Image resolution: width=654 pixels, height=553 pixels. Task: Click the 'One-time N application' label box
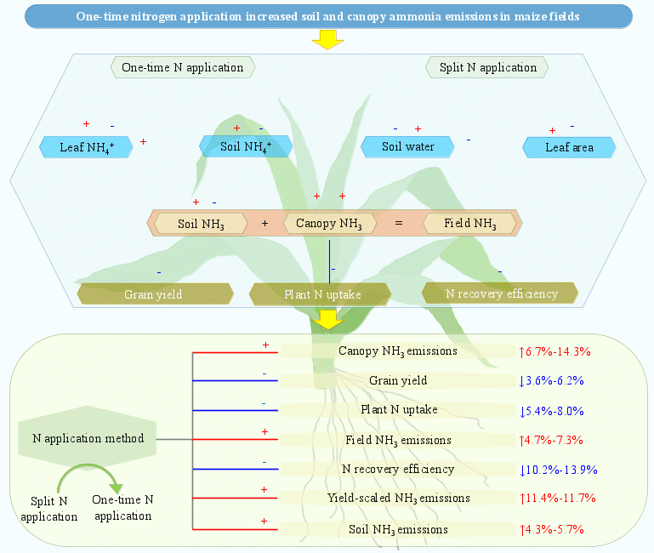[x=183, y=67]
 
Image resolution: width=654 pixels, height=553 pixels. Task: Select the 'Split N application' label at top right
[x=487, y=67]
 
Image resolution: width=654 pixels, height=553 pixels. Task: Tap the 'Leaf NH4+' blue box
[x=88, y=146]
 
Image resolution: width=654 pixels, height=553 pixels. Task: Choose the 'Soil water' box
[x=407, y=146]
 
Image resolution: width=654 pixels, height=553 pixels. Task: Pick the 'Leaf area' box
[x=569, y=146]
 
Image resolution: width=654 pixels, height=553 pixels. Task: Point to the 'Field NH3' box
[x=472, y=224]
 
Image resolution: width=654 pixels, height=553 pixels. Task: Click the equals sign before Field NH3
[x=398, y=224]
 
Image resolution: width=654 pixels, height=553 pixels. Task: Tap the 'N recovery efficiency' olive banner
[x=501, y=294]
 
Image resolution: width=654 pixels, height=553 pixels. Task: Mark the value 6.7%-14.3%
[x=555, y=351]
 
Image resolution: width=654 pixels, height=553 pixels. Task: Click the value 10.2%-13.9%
[x=559, y=469]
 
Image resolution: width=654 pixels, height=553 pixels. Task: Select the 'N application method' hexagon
[x=87, y=439]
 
